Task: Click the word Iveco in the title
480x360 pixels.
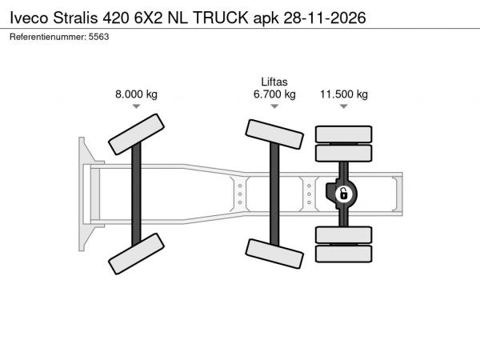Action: [x=28, y=15]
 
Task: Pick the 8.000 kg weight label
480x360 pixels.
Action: [x=136, y=94]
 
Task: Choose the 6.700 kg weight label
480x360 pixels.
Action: [x=274, y=94]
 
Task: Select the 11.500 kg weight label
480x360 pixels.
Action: [x=344, y=94]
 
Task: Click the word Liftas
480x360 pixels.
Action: [x=274, y=82]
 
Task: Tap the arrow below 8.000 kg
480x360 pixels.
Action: [x=136, y=106]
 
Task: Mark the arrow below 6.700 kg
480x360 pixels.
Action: [x=274, y=106]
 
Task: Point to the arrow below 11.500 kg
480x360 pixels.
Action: [x=344, y=106]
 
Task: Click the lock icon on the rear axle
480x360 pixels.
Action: [x=343, y=193]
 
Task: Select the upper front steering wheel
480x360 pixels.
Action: [x=136, y=133]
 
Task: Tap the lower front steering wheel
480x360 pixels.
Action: [x=136, y=256]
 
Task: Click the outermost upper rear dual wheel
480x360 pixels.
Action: [x=344, y=134]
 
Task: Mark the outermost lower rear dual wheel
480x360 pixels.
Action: [x=344, y=254]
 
